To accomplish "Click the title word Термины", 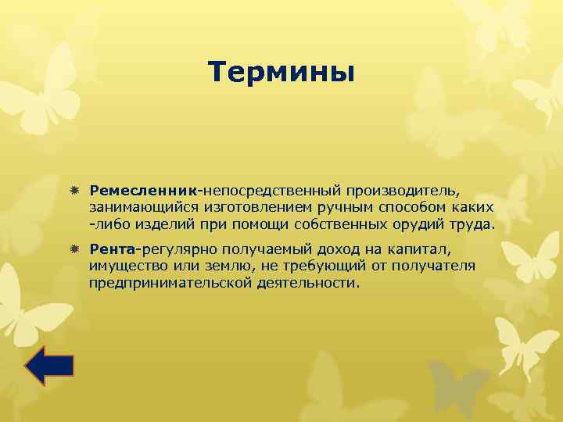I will pyautogui.click(x=281, y=73).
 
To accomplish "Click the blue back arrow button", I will pyautogui.click(x=49, y=365).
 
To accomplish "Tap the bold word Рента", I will pyautogui.click(x=113, y=249).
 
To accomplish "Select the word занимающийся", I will pyautogui.click(x=135, y=208).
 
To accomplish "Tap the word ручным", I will pyautogui.click(x=342, y=208).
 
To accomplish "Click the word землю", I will pyautogui.click(x=222, y=266).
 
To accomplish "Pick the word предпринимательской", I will pyautogui.click(x=170, y=283).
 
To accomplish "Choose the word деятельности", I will pyautogui.click(x=307, y=283).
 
